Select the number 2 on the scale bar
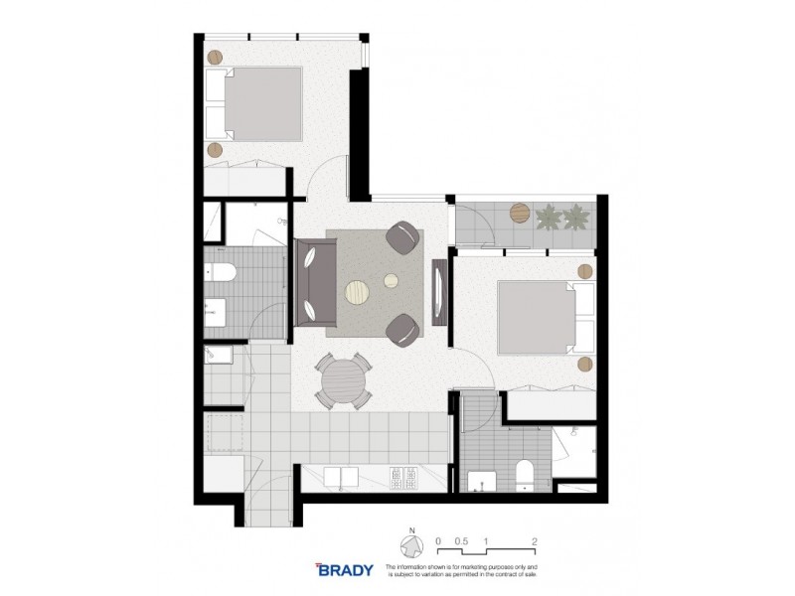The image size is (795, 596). click(535, 541)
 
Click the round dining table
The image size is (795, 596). click(343, 381)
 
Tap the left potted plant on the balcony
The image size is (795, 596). click(548, 215)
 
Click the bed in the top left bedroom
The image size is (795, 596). click(254, 104)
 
